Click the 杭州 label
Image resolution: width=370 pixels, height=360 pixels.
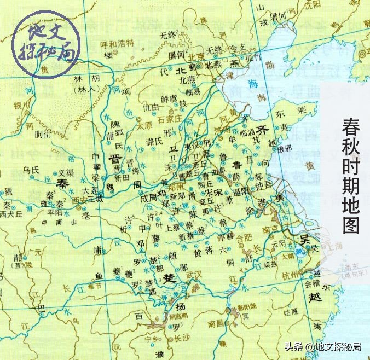[288, 275]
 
